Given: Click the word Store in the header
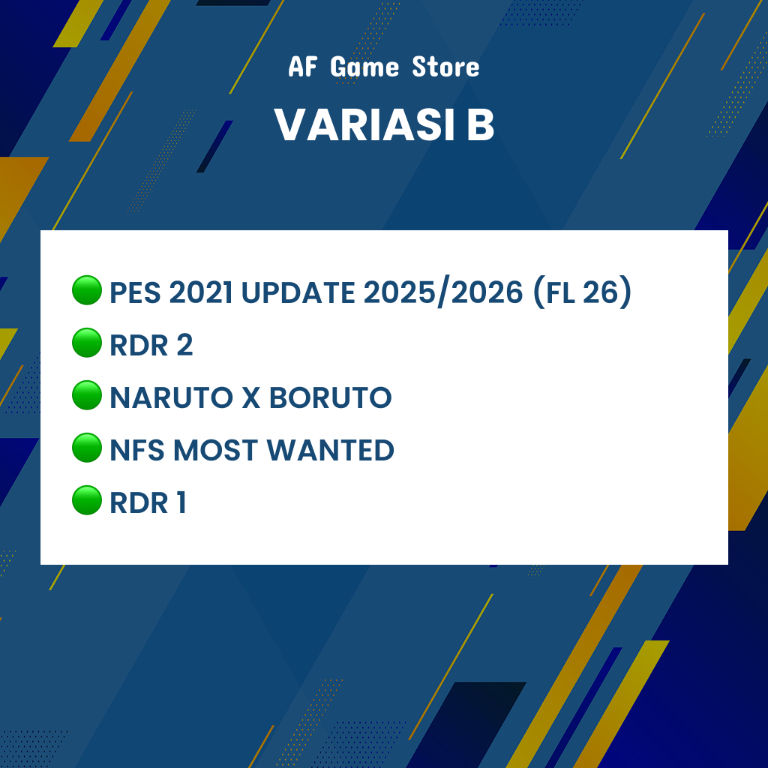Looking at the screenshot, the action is point(445,67).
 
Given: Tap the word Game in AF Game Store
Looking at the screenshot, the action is point(364,67).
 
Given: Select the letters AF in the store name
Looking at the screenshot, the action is point(303,67).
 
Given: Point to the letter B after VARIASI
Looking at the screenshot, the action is point(480,124).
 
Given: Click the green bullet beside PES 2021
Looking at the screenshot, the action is point(87,290).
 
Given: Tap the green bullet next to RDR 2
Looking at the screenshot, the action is point(87,342).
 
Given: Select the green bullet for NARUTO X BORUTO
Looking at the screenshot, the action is point(87,394).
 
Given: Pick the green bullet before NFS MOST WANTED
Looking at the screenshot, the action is point(87,448).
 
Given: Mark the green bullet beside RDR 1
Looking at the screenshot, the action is point(87,500).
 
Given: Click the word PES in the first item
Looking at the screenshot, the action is point(135,292).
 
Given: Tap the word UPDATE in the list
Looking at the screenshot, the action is point(298,292).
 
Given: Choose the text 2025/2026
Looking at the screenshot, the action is point(443,292).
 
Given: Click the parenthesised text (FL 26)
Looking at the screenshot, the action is point(582,292).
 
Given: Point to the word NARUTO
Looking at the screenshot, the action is point(172,397).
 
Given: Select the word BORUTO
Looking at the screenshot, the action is point(331,397).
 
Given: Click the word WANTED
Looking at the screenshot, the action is point(330,450).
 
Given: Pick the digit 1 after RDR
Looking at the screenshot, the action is point(181,502).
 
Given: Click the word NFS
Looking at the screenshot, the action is point(137,450).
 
